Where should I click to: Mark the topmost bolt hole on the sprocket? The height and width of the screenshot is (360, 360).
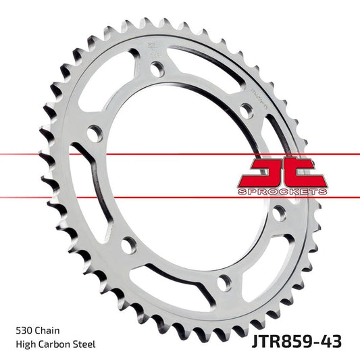tap(157, 68)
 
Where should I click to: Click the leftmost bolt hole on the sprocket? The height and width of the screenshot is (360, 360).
tap(93, 133)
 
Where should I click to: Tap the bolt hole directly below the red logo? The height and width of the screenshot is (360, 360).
tap(278, 213)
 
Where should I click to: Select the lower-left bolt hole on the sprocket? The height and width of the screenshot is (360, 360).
tap(126, 241)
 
